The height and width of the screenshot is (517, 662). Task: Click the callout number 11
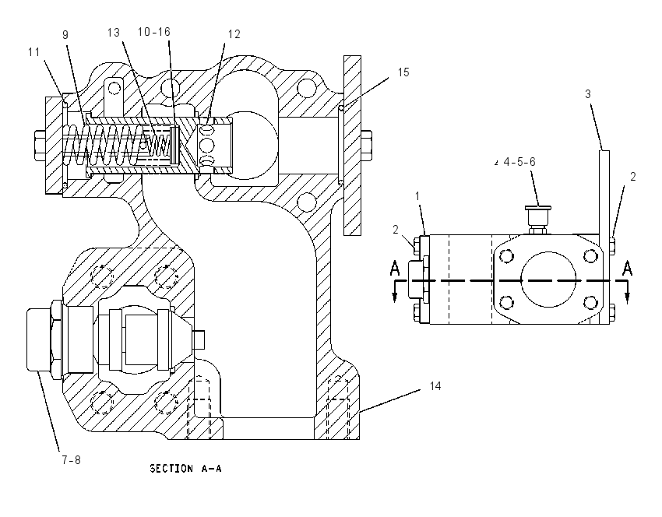click(x=33, y=52)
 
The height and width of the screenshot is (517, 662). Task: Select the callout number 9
click(x=65, y=34)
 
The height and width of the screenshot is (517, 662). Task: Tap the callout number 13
click(x=114, y=33)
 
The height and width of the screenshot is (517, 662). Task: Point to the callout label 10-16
click(x=154, y=32)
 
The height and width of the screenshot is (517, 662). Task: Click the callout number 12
click(x=234, y=34)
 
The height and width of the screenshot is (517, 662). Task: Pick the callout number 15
click(x=403, y=72)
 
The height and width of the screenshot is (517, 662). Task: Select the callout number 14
click(x=435, y=385)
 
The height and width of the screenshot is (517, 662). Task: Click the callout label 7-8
click(x=72, y=459)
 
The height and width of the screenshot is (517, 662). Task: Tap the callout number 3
click(x=588, y=93)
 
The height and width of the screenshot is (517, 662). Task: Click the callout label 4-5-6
click(x=519, y=162)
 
